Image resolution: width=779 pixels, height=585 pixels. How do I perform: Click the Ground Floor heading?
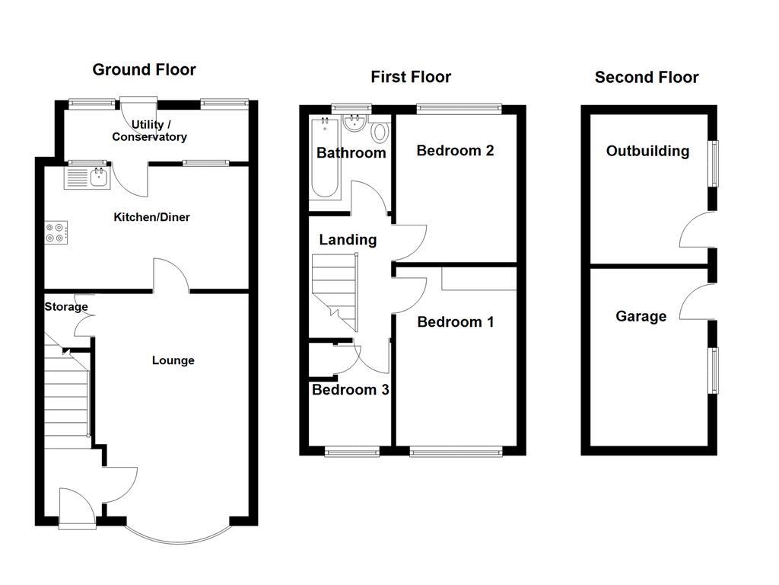[144, 70]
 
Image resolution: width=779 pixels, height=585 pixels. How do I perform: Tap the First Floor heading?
[411, 77]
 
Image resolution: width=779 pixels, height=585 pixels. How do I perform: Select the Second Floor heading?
[647, 77]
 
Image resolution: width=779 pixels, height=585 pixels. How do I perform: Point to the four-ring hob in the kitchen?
[56, 232]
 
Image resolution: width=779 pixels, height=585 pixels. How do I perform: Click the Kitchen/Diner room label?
[151, 217]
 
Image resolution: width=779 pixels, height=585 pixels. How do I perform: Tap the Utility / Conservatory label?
[149, 131]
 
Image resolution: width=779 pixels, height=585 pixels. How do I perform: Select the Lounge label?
[173, 360]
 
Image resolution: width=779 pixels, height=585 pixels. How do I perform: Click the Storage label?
[66, 307]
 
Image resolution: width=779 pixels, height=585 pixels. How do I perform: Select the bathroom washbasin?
[354, 125]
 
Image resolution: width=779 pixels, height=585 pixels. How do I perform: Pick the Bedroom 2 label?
[455, 151]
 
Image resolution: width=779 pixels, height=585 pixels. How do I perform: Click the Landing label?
[348, 240]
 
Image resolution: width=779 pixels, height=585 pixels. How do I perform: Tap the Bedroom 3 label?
[350, 390]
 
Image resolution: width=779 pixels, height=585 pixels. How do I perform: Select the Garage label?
[641, 316]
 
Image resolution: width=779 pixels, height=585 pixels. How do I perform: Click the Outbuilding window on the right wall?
[714, 163]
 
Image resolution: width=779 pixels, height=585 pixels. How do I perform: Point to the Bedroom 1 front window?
[456, 452]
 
